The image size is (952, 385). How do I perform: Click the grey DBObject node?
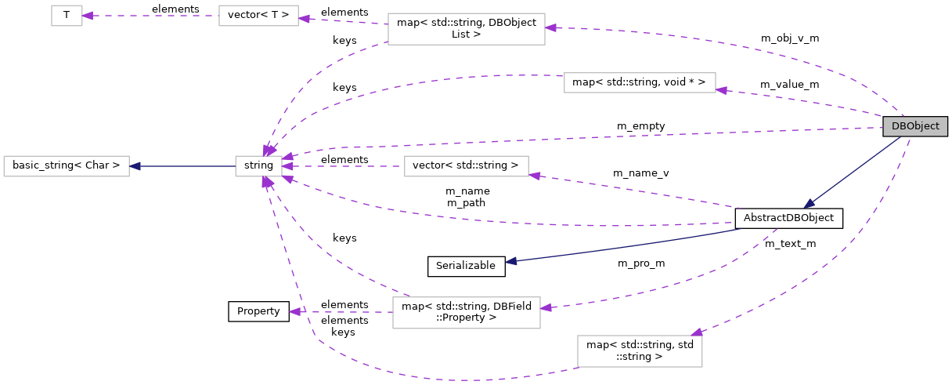915,126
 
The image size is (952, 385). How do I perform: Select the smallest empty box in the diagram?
67,16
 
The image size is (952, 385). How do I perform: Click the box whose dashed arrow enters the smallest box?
258,16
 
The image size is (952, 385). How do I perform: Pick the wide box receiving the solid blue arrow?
67,166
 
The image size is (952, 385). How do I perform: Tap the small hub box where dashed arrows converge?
258,166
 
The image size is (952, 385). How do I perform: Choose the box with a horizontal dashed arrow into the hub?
466,166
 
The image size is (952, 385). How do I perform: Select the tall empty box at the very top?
466,29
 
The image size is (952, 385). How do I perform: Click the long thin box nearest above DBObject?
640,83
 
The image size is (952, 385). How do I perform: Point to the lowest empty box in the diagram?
640,351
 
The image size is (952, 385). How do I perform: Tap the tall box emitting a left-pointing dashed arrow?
466,313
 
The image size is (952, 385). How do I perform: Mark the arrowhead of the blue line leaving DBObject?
809,204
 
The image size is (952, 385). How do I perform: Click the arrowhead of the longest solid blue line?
511,261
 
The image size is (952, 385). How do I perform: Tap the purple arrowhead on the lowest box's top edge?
696,332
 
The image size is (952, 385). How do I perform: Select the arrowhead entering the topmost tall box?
551,28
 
